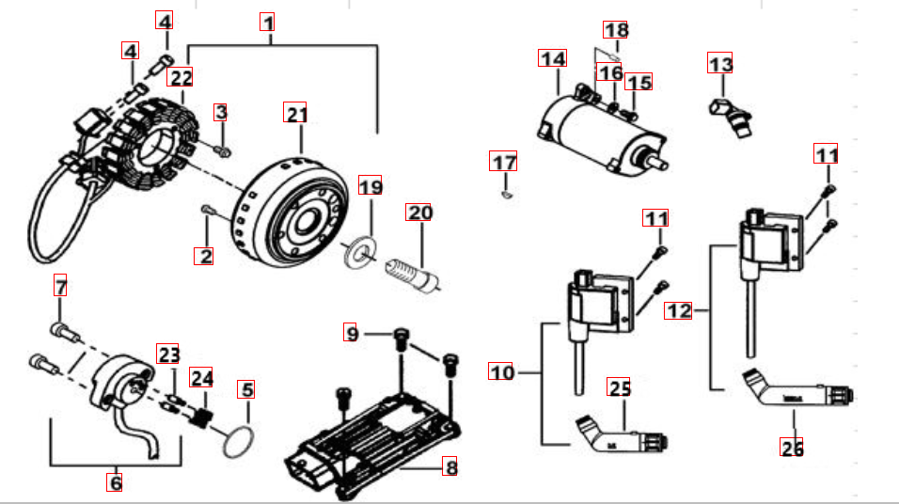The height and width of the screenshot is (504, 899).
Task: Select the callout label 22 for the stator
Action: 181,78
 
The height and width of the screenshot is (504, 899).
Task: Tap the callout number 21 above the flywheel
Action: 297,115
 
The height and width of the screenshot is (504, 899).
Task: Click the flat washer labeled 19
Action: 358,251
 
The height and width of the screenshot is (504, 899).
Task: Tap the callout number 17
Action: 504,162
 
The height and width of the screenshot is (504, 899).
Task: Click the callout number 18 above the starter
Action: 616,30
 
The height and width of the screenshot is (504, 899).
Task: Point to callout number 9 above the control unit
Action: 352,333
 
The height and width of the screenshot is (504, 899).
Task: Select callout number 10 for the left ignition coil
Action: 502,372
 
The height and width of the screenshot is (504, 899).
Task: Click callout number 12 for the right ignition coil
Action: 678,309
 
